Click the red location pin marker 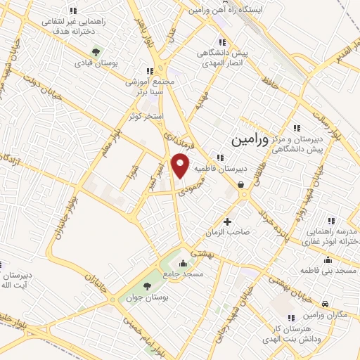click(181, 165)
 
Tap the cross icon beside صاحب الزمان click(226, 221)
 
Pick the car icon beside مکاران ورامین click(325, 303)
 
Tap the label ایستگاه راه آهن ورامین click(226, 11)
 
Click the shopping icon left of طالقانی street click(241, 185)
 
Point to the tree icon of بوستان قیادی click(97, 51)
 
